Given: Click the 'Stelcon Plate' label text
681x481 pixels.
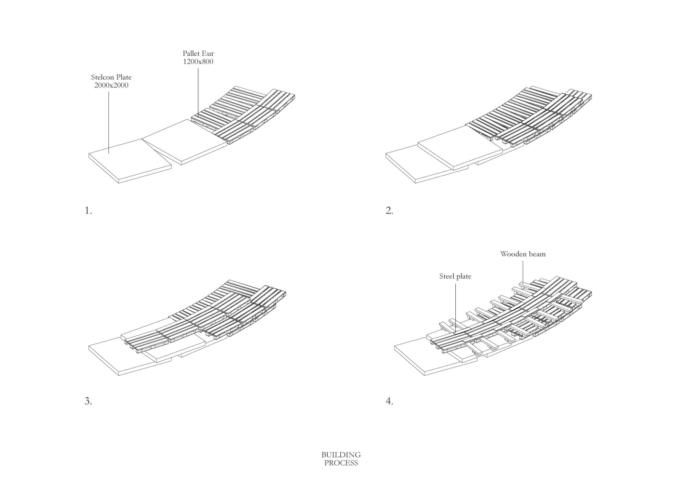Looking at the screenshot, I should point(111,77).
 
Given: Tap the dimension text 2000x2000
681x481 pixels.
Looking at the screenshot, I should point(111,86).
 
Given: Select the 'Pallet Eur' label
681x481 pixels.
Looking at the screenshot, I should point(198,53).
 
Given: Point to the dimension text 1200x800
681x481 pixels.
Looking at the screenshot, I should point(198,62).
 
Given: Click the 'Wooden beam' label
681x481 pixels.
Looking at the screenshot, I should point(523,254).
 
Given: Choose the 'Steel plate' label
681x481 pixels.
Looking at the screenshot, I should point(455,276).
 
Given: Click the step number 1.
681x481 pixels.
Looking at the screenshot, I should point(88,211).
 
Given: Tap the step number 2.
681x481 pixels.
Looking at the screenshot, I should point(389,211).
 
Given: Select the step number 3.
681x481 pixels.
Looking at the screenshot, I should point(88,401).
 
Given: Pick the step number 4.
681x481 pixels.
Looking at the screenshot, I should point(389,401).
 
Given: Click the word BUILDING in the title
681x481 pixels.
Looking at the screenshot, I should point(341,455).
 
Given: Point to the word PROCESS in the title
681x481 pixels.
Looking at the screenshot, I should point(341,463).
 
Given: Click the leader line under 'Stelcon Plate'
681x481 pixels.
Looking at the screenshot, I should point(108,120).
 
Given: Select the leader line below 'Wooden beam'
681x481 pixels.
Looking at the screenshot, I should point(523,272).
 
